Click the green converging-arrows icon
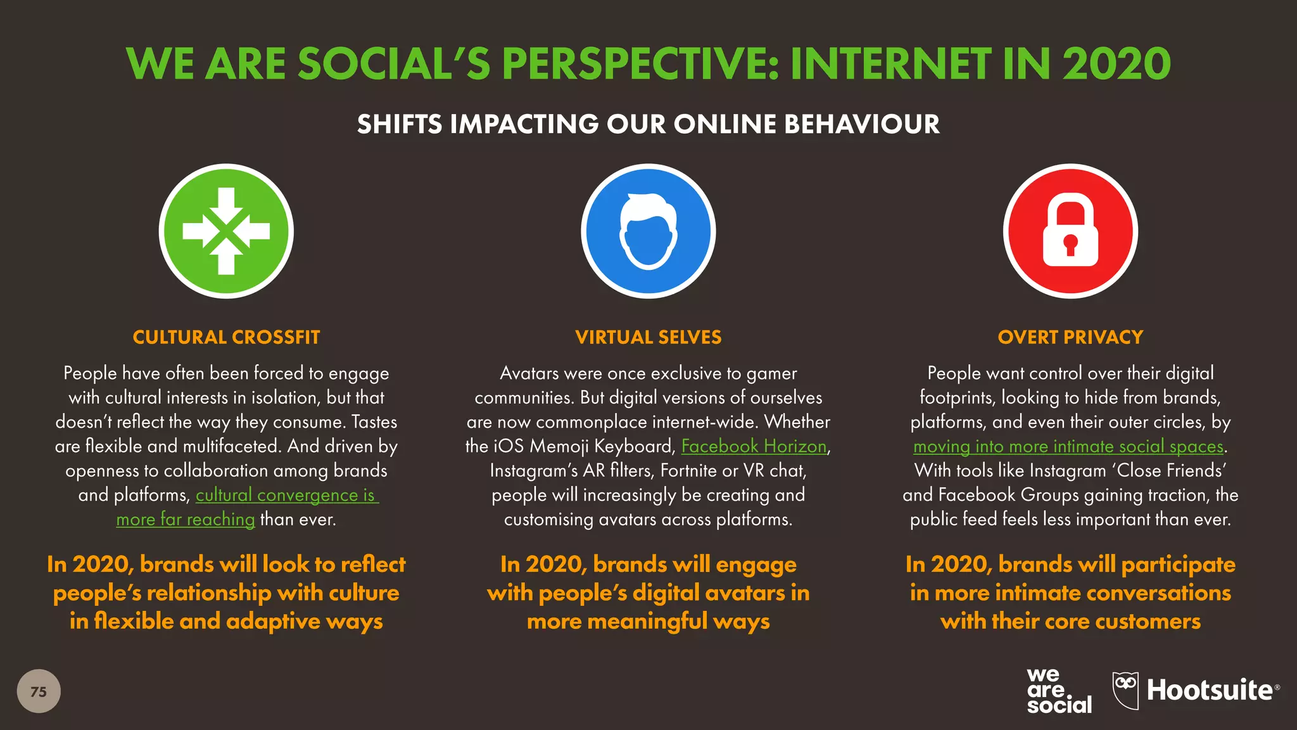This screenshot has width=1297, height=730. point(226,231)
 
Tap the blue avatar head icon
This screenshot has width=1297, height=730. point(648,231)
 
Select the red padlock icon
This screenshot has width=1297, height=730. point(1070,231)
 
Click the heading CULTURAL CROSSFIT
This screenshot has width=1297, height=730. point(226,337)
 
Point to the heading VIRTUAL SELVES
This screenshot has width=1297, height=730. point(648,337)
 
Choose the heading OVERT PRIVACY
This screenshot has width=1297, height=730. point(1070,337)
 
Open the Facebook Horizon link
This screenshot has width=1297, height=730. point(754,446)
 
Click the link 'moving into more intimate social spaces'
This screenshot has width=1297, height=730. point(1068,446)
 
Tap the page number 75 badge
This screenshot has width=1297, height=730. point(39,691)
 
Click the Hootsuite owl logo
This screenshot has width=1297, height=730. point(1125,690)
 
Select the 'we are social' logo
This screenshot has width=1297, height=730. point(1058,691)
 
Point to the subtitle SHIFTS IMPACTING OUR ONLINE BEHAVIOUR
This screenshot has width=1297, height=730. point(648,124)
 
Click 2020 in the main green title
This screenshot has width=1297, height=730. point(1116,64)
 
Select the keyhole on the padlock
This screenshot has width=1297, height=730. point(1070,243)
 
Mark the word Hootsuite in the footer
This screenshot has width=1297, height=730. point(1210,690)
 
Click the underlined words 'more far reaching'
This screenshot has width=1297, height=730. point(186,520)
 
